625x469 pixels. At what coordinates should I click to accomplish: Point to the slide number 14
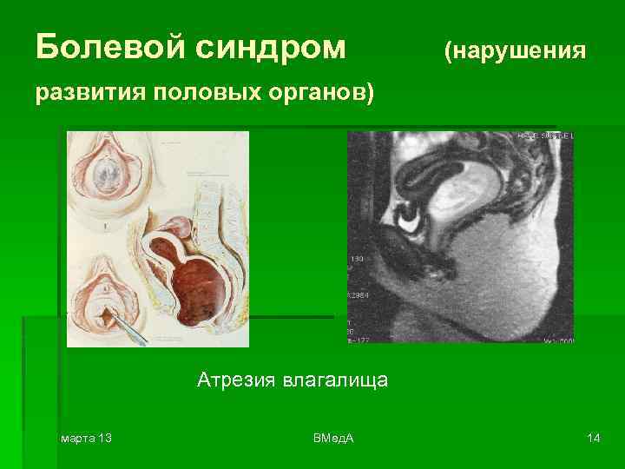594,438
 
